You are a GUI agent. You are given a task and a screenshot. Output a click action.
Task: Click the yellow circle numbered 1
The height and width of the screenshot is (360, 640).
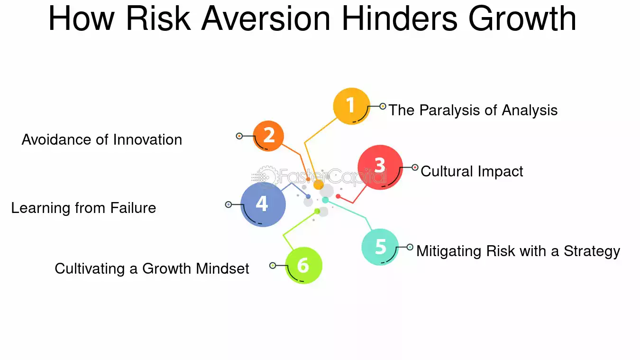tap(351, 106)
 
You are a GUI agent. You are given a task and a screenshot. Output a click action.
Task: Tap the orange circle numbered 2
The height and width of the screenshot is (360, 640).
tap(268, 136)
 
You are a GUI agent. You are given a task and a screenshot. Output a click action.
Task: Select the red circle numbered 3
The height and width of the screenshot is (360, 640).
tap(380, 167)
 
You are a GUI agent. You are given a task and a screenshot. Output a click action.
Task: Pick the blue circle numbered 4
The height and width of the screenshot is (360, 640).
tap(263, 204)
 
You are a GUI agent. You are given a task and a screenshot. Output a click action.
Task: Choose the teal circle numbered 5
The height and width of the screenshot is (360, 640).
tap(380, 247)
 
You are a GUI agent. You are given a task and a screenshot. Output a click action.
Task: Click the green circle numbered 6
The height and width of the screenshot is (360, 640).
tap(303, 266)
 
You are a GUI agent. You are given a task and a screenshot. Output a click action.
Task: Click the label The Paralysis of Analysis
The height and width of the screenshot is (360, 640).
tap(473, 111)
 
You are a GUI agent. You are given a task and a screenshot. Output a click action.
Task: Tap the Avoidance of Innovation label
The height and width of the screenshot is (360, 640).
tap(102, 139)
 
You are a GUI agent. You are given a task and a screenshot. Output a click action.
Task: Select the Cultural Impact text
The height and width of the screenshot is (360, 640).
tap(472, 171)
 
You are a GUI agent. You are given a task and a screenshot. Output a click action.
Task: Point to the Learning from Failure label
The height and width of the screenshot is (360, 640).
tap(83, 208)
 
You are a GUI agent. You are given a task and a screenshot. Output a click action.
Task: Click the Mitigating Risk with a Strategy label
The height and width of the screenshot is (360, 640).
tap(518, 251)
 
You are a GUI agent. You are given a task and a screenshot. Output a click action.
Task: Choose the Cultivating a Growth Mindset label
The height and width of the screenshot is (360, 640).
tap(152, 268)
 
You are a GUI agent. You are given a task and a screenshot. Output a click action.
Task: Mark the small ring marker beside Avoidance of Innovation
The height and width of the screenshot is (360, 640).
tap(239, 136)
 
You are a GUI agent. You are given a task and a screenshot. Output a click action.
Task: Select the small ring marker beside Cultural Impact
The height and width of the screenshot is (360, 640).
tap(415, 167)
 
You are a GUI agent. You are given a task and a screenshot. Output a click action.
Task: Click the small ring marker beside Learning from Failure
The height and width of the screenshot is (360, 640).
tap(229, 204)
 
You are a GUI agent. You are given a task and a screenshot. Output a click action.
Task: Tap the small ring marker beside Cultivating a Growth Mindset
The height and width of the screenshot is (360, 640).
tap(273, 266)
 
